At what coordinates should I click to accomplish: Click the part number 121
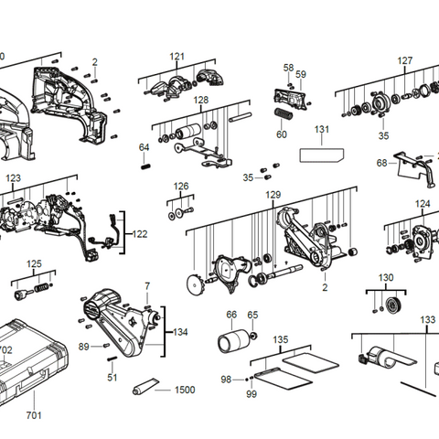coord(177,57)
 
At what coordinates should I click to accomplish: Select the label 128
coord(200,100)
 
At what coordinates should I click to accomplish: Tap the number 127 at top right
coord(404,61)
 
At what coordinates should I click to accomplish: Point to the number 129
coord(273,195)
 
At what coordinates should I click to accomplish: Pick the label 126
coord(181,186)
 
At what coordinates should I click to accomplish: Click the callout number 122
coord(140,234)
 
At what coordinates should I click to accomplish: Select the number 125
coord(34,264)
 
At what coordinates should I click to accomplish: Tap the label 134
coord(180,331)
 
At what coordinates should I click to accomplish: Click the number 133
coord(427,319)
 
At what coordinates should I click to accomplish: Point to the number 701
coord(33,415)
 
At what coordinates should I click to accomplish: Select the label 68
coord(381,164)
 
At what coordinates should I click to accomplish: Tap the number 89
coord(83,347)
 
